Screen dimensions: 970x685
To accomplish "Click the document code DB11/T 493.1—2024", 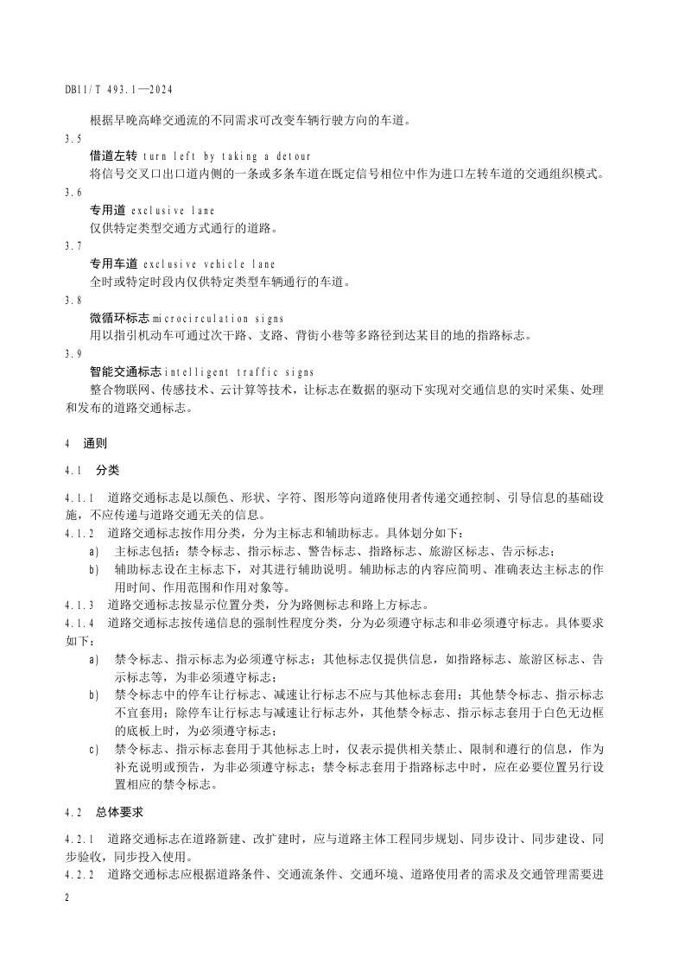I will (120, 89).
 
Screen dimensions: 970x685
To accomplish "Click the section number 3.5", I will (73, 138).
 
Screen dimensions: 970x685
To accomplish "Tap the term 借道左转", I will (113, 156).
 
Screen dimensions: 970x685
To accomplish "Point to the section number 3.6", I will (73, 193).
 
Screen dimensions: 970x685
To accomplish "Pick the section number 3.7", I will (73, 246).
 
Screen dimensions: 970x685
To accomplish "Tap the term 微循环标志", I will (119, 318).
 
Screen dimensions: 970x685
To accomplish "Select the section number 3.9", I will (73, 354).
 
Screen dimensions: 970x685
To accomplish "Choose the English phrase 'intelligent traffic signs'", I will (238, 372).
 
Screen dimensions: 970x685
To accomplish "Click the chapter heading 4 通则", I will (86, 444).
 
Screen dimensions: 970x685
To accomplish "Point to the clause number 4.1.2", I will (80, 533).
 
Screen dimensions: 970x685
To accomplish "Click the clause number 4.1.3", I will (80, 604).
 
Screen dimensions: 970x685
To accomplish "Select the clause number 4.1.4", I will (80, 622).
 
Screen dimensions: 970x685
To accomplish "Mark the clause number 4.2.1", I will (80, 840).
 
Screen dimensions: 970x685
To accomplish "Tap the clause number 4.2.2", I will (80, 875).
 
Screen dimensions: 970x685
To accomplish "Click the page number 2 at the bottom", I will (67, 899).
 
